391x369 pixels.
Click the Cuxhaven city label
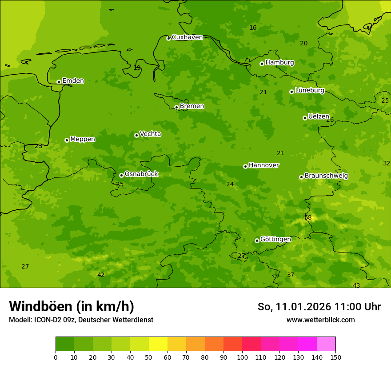click(187, 37)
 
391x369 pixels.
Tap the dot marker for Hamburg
click(262, 64)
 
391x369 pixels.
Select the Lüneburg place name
click(309, 91)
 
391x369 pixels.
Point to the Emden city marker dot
click(59, 82)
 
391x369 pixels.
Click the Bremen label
click(192, 106)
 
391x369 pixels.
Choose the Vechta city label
click(150, 134)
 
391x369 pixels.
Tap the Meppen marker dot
click(67, 140)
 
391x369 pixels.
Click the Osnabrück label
click(141, 174)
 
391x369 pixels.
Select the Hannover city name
click(263, 165)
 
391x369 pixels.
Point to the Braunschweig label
click(326, 176)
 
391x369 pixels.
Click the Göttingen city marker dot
click(257, 241)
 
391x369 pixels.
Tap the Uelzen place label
click(319, 116)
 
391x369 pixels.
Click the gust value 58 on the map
click(308, 217)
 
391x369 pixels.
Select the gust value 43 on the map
click(356, 285)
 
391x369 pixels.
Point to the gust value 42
click(101, 275)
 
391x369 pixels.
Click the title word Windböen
click(40, 306)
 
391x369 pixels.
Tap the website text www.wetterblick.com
click(320, 320)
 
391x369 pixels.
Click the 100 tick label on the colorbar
click(242, 357)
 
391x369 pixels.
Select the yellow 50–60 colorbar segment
click(158, 344)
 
